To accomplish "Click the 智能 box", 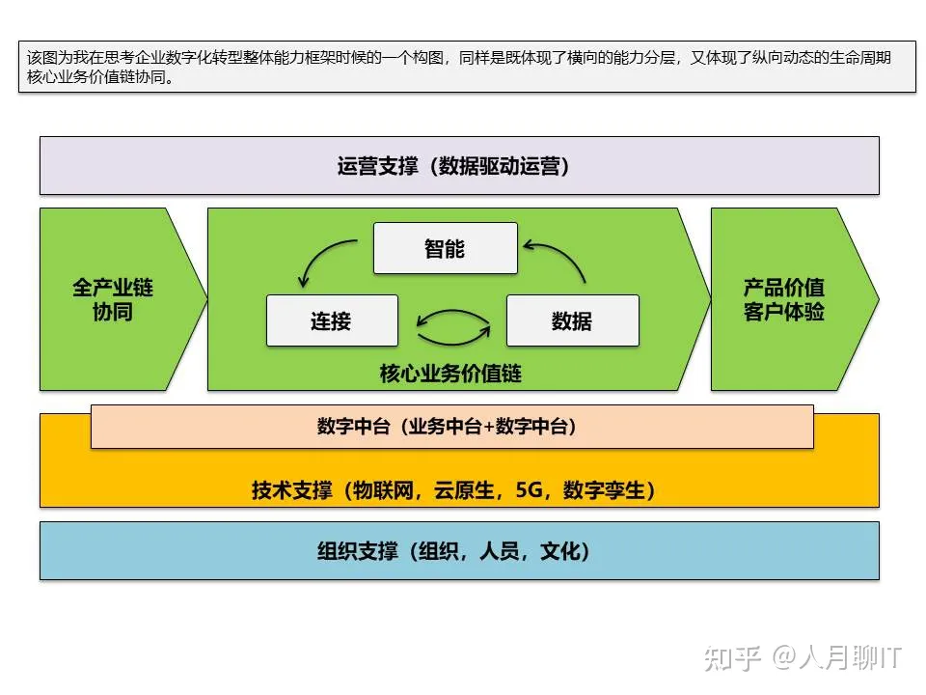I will (x=445, y=248).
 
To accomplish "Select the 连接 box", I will (x=332, y=320).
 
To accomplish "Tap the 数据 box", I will (x=572, y=320).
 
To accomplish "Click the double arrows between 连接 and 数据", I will (x=452, y=326).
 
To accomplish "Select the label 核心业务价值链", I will (x=450, y=373).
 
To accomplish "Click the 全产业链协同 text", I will (x=112, y=299).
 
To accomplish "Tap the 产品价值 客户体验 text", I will (x=783, y=299).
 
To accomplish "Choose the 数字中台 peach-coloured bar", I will (x=451, y=427).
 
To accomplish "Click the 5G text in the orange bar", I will (x=530, y=490).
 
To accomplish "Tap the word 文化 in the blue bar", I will (x=560, y=552).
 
